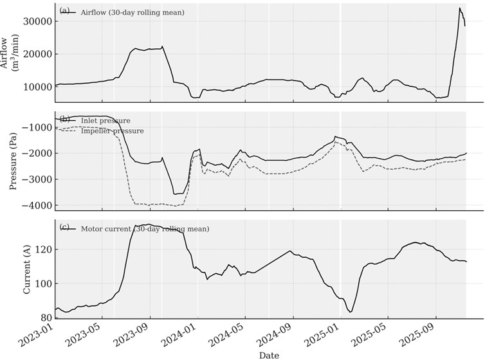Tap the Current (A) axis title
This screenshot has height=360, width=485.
click(26, 268)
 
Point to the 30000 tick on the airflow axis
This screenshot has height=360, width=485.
click(36, 21)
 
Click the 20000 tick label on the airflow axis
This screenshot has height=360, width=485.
click(36, 54)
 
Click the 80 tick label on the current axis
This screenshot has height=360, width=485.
click(45, 318)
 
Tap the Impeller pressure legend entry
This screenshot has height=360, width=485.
click(112, 130)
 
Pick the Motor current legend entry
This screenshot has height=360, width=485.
click(145, 228)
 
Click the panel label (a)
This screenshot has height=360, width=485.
click(64, 11)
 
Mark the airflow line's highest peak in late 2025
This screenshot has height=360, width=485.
click(460, 8)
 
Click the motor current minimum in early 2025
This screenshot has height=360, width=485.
click(351, 312)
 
